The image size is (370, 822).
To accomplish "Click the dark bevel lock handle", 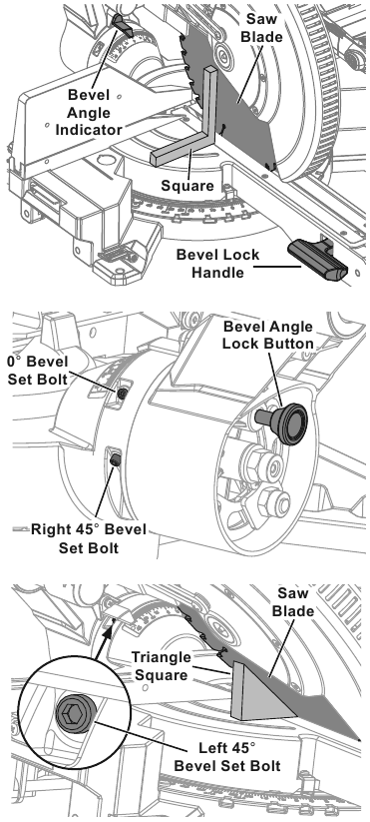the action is click(x=317, y=260).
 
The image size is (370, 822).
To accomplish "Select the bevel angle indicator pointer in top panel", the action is click(x=122, y=25).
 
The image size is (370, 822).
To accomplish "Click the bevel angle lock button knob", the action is click(x=283, y=422).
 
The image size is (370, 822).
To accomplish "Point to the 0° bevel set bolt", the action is click(x=122, y=394).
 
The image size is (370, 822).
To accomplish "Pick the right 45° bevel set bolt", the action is click(x=116, y=459).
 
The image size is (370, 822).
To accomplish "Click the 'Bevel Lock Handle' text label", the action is click(x=217, y=264).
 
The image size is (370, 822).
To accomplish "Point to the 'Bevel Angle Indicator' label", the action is click(x=89, y=113).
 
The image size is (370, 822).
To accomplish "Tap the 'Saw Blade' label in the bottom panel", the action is click(x=295, y=602).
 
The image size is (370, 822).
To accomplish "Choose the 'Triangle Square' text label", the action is click(x=160, y=665).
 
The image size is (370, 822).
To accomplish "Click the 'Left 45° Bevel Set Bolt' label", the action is click(x=227, y=756).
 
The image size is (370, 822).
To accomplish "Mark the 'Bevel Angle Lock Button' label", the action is click(x=268, y=335).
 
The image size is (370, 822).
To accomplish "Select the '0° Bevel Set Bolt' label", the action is click(x=37, y=370).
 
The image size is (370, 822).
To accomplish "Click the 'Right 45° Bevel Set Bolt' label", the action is click(x=89, y=538).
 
